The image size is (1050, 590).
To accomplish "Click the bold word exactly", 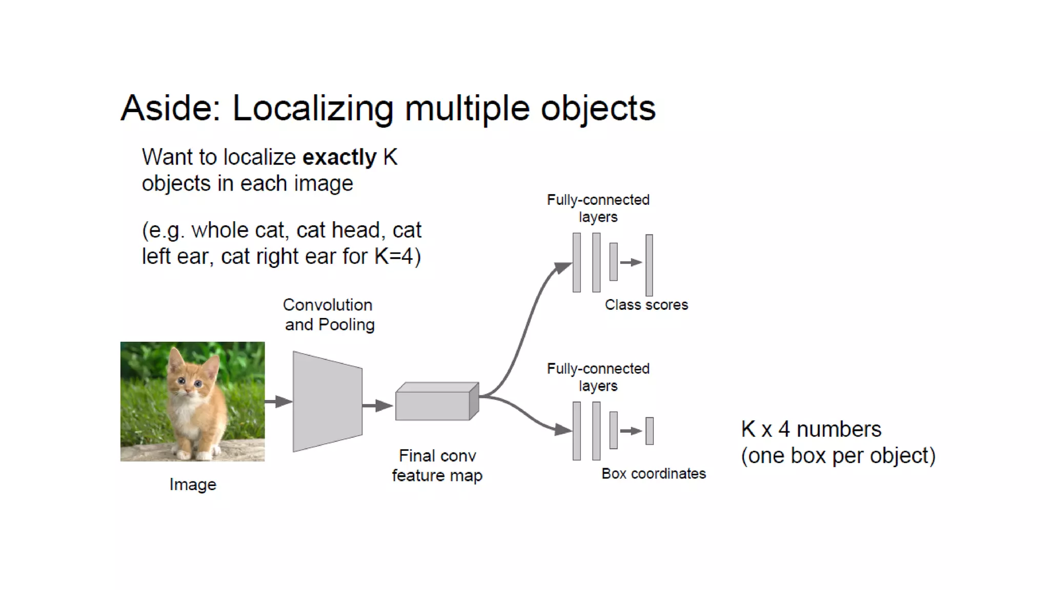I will [x=339, y=157].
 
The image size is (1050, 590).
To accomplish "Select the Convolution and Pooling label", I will [x=329, y=314].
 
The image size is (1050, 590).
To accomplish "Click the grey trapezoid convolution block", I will [x=327, y=402].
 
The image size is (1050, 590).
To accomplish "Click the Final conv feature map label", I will [x=437, y=466].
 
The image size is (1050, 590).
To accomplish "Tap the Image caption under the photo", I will [x=193, y=484].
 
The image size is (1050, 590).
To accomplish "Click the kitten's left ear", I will [x=175, y=358].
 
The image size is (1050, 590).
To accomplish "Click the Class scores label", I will [x=646, y=305].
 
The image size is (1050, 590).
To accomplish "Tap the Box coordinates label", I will [x=653, y=474].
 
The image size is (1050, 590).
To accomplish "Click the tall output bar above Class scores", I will [x=649, y=265].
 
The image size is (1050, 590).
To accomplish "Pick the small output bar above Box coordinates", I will [x=650, y=431].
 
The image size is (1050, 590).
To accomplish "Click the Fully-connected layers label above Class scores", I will [x=598, y=208].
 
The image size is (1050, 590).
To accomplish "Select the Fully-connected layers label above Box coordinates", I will [x=598, y=377].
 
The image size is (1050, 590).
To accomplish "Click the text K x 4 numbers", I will [x=811, y=429].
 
